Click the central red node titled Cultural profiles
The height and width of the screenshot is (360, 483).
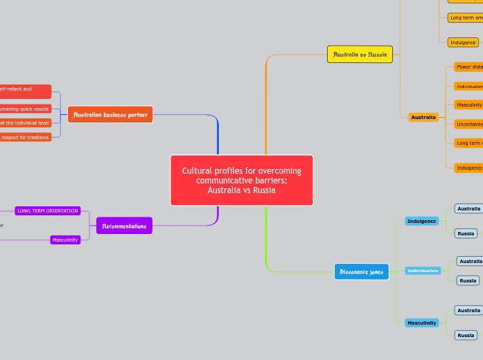(x=241, y=180)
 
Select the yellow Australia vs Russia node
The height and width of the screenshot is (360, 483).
(x=360, y=54)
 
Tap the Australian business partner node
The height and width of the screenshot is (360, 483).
(x=110, y=114)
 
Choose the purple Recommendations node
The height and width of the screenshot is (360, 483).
(x=124, y=226)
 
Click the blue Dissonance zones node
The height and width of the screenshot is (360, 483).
(x=362, y=271)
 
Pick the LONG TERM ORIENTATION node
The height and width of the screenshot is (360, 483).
(x=47, y=210)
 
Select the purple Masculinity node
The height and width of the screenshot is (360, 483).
(x=65, y=240)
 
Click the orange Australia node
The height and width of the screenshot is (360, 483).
(x=423, y=117)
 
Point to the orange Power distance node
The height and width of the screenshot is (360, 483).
(x=468, y=67)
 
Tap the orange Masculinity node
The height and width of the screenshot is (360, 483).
(x=468, y=105)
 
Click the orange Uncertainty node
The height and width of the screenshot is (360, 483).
(x=468, y=124)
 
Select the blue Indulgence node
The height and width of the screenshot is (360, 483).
(x=421, y=221)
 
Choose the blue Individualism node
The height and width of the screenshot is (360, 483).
(x=423, y=270)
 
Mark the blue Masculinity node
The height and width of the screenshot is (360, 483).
(x=421, y=323)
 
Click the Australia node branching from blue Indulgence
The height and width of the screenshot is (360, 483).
(x=468, y=208)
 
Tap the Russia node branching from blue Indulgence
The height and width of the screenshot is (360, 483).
(x=466, y=233)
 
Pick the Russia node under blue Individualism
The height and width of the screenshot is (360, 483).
(x=468, y=280)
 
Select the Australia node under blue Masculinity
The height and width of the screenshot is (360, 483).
(x=468, y=310)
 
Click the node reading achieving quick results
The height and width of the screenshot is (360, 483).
(x=25, y=109)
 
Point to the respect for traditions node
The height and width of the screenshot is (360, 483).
(x=25, y=137)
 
